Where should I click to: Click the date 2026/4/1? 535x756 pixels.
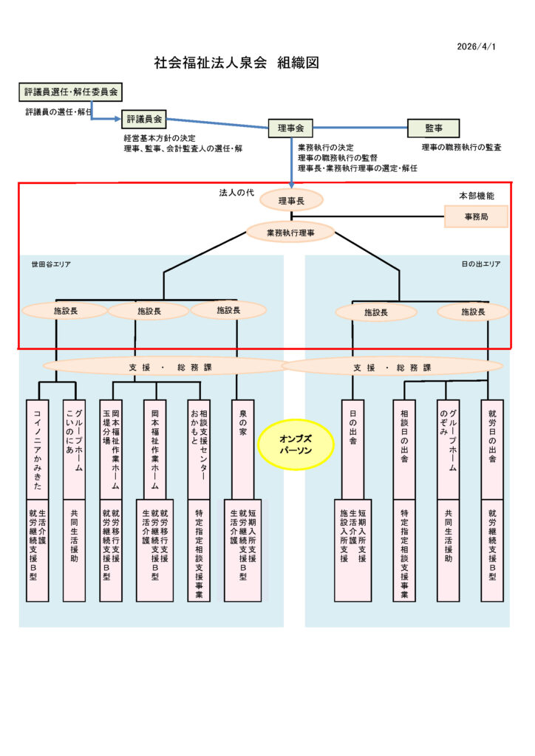pyautogui.click(x=477, y=47)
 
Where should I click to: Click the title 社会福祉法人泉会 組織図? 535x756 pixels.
pyautogui.click(x=236, y=63)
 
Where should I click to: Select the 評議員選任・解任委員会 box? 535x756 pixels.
pyautogui.click(x=70, y=92)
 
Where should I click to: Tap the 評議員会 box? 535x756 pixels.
pyautogui.click(x=144, y=118)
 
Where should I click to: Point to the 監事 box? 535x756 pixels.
pyautogui.click(x=433, y=128)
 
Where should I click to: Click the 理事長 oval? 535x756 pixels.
pyautogui.click(x=291, y=199)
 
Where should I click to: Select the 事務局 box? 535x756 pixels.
pyautogui.click(x=476, y=216)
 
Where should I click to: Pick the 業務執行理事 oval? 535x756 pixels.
pyautogui.click(x=290, y=232)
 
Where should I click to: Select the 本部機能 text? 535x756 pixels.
pyautogui.click(x=477, y=196)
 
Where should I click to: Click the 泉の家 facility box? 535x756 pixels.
pyautogui.click(x=242, y=448)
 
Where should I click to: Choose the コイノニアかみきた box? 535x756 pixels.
pyautogui.click(x=37, y=448)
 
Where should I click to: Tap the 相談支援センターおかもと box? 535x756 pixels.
pyautogui.click(x=199, y=448)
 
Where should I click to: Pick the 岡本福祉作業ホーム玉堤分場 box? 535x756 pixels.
pyautogui.click(x=111, y=448)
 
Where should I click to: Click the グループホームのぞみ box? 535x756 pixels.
pyautogui.click(x=449, y=448)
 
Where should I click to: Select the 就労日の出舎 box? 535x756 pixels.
pyautogui.click(x=492, y=448)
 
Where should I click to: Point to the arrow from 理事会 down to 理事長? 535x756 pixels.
pyautogui.click(x=293, y=162)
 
